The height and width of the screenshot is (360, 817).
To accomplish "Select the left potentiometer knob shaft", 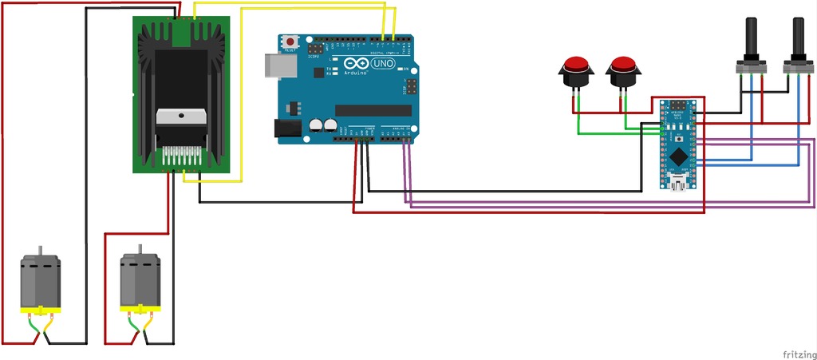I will [x=751, y=36].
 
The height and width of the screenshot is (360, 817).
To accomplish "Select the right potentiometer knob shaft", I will [x=798, y=36].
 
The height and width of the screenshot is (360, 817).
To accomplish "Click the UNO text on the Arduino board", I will [x=384, y=63].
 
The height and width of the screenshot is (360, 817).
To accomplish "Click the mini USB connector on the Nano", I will [x=679, y=186].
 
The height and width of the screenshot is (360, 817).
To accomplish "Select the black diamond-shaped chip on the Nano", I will [x=677, y=154].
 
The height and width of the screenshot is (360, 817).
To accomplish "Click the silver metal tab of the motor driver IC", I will [x=184, y=117].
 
